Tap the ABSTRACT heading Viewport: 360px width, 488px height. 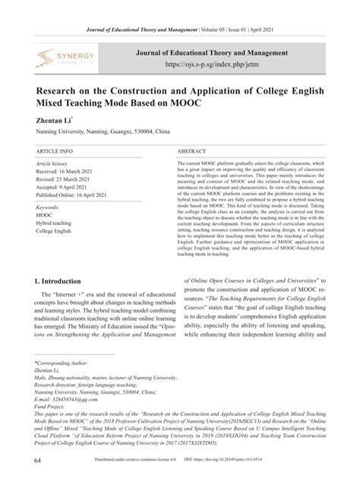[x=194, y=152]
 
